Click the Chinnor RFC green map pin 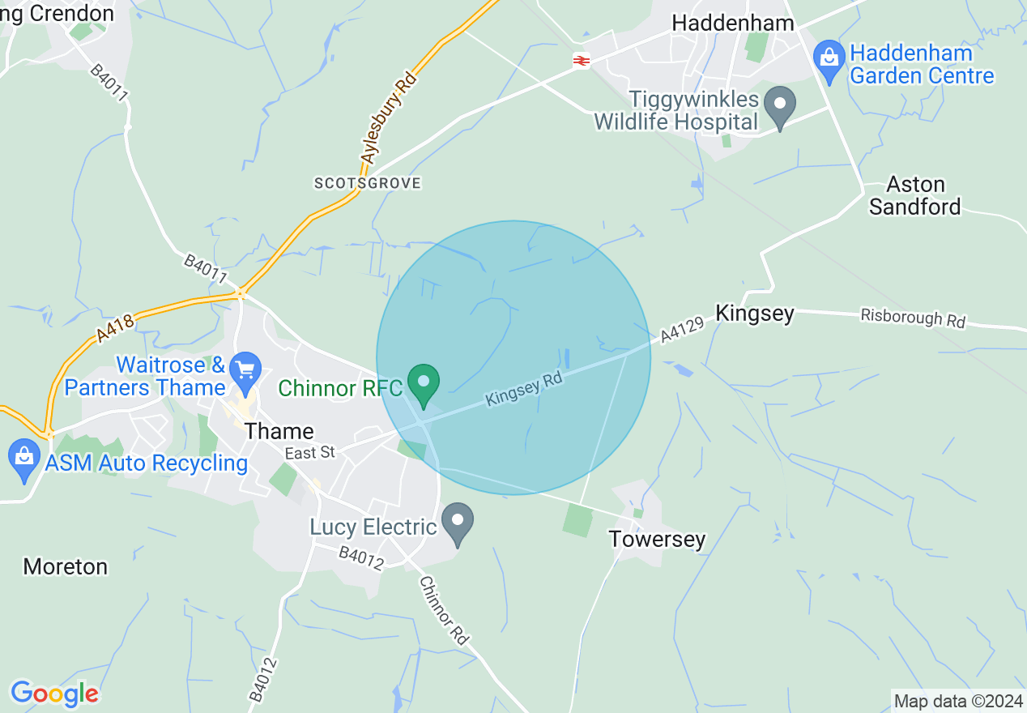(x=423, y=383)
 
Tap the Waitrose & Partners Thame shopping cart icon (x=245, y=370)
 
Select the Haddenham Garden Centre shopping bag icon (x=829, y=61)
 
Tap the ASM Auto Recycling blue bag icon (x=24, y=459)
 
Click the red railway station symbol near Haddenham (x=581, y=60)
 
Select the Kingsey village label (x=755, y=314)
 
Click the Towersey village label (x=657, y=539)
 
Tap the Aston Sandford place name (x=915, y=195)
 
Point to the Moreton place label (x=66, y=566)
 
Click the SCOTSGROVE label (x=368, y=183)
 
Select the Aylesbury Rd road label (x=389, y=117)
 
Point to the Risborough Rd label (x=913, y=318)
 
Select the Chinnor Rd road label (x=445, y=610)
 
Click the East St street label (x=310, y=452)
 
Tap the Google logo (x=54, y=694)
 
